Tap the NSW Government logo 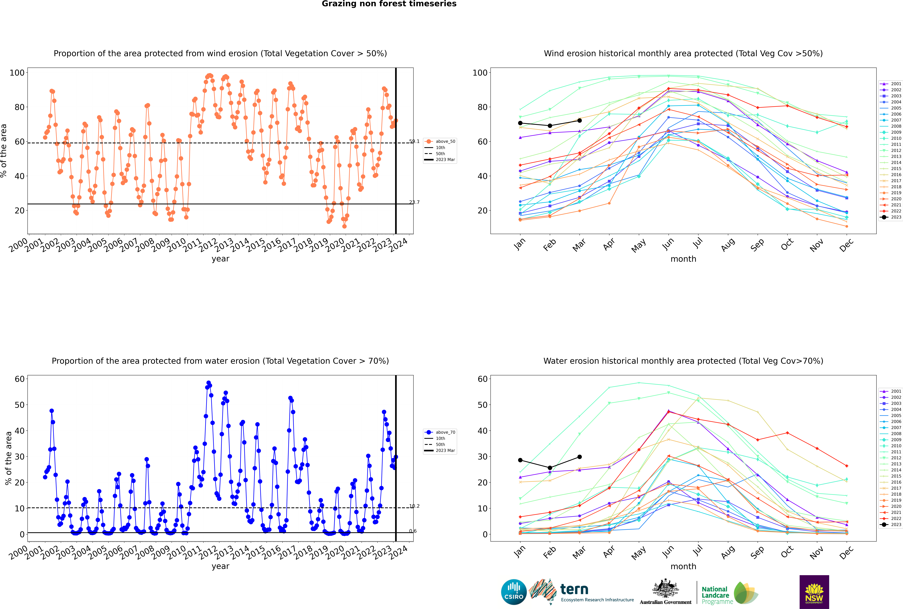[814, 592]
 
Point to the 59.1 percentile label [414, 141]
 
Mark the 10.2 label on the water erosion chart [414, 506]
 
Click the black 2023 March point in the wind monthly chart [580, 120]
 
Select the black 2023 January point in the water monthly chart [520, 460]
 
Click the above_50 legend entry [440, 141]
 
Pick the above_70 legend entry [440, 432]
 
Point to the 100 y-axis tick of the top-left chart [17, 73]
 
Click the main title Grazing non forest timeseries [389, 4]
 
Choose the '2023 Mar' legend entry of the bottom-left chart [440, 451]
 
